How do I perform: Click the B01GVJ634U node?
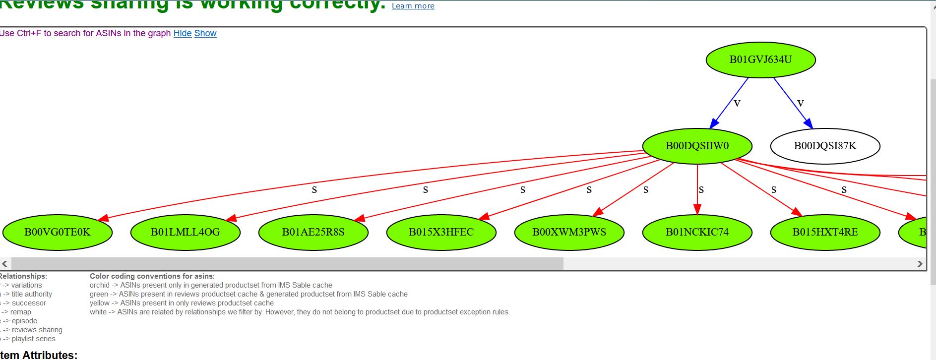click(x=760, y=60)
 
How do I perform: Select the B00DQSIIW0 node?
click(x=697, y=146)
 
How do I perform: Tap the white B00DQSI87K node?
click(x=825, y=146)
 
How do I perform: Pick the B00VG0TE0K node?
click(x=58, y=233)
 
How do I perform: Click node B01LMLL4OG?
click(x=186, y=233)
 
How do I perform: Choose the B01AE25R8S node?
click(x=313, y=233)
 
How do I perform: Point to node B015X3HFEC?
click(x=441, y=233)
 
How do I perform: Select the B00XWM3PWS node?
click(x=569, y=233)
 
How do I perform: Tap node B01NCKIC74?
click(x=697, y=233)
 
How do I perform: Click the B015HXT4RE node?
click(x=825, y=233)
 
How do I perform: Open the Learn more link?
click(x=413, y=6)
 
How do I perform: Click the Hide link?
click(x=183, y=33)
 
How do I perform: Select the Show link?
click(x=205, y=33)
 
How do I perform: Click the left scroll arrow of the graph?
click(x=4, y=264)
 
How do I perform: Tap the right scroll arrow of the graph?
click(x=920, y=264)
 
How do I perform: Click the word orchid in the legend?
click(x=99, y=285)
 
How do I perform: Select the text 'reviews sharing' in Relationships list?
click(x=37, y=330)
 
